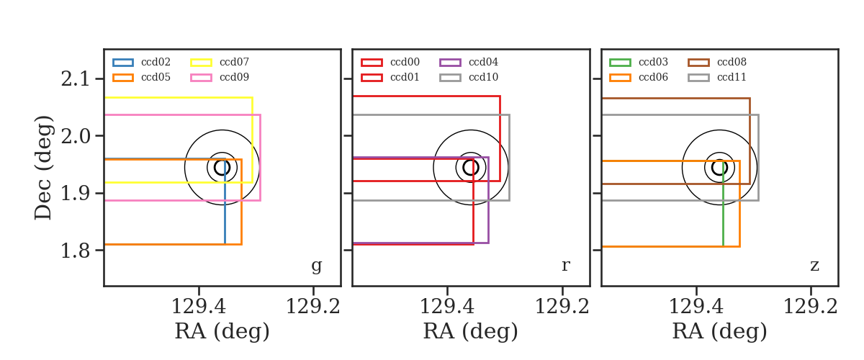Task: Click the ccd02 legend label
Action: coord(156,62)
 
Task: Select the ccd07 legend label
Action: coord(234,62)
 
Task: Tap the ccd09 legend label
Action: coord(234,77)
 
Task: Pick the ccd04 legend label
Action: coord(483,62)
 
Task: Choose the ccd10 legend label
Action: coord(483,77)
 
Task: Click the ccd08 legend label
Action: coord(732,62)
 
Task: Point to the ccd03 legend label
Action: coord(654,62)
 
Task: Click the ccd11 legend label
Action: coord(732,77)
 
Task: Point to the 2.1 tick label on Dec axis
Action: coord(76,79)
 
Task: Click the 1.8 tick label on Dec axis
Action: coord(76,251)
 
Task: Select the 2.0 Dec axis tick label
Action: coord(76,136)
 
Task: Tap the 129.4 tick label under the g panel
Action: coord(199,307)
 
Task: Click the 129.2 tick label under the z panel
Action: coord(811,307)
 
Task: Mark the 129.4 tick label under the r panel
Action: coord(447,307)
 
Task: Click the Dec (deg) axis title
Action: coord(43,168)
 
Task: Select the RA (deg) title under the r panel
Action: coord(471,331)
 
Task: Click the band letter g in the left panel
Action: coord(317,266)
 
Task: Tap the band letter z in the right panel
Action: coord(814,266)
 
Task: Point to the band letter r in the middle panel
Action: coord(566,266)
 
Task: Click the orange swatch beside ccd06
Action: coord(620,78)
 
